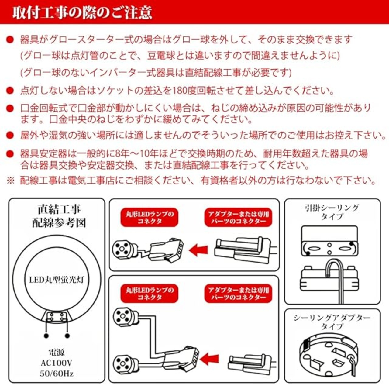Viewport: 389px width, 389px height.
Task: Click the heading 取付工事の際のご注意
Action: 82,12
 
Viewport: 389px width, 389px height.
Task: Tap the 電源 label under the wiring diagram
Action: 57,353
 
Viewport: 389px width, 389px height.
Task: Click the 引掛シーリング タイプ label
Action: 332,212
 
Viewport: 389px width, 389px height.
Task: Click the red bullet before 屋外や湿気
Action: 10,135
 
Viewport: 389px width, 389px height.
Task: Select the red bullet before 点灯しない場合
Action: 10,90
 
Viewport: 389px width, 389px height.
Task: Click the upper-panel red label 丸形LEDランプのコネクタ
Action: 149,217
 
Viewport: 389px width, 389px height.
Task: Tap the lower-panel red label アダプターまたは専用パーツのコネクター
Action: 238,294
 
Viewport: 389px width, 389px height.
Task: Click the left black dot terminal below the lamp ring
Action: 46,336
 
